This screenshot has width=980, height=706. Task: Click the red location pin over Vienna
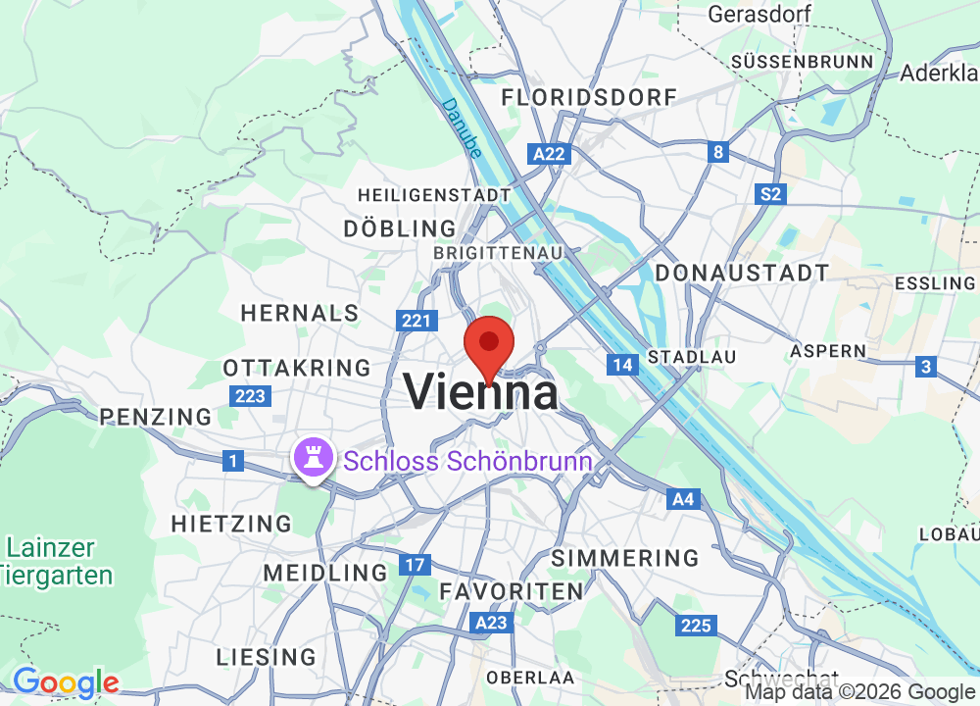click(x=489, y=346)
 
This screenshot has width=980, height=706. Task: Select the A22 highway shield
click(x=549, y=154)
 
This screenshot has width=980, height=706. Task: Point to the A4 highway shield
click(x=684, y=500)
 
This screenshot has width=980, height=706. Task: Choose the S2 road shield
click(x=771, y=194)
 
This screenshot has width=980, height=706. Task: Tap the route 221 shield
click(x=416, y=321)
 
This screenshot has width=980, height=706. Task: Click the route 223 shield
click(x=250, y=396)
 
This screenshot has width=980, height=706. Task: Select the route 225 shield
click(x=696, y=625)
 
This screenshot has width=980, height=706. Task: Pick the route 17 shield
click(x=415, y=565)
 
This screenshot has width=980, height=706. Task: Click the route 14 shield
click(x=621, y=365)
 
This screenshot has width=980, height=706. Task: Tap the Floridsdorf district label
click(x=589, y=97)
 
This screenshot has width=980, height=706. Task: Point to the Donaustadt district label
click(x=742, y=273)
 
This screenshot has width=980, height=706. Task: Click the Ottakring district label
click(x=297, y=368)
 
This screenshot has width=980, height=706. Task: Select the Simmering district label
click(x=625, y=558)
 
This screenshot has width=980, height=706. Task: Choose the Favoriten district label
click(x=512, y=591)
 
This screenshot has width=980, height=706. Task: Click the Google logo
click(x=65, y=682)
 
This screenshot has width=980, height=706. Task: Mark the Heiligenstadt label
click(x=434, y=195)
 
